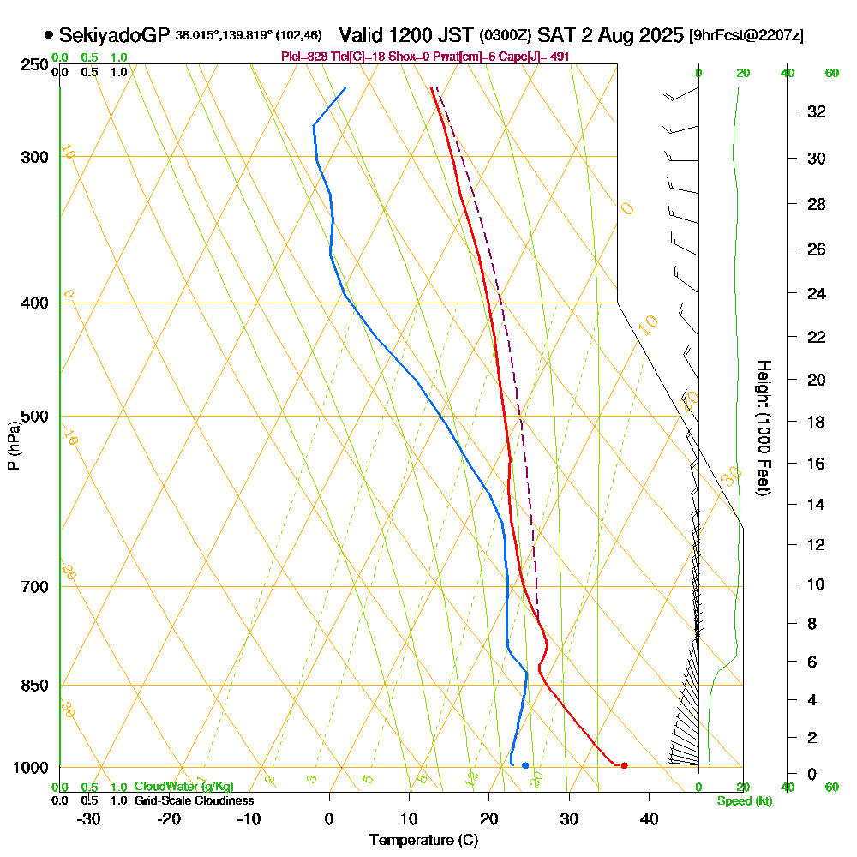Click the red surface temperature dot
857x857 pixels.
pyautogui.click(x=624, y=765)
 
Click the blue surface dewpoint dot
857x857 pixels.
pyautogui.click(x=525, y=765)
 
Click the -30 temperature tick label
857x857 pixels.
pyautogui.click(x=88, y=819)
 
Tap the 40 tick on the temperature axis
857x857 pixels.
pyautogui.click(x=649, y=819)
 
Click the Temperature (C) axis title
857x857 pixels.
pyautogui.click(x=423, y=841)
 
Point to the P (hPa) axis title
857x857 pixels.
pyautogui.click(x=13, y=446)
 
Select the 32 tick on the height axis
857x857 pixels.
pyautogui.click(x=817, y=111)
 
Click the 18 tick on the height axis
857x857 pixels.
pyautogui.click(x=817, y=422)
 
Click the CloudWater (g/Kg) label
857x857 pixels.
pyautogui.click(x=183, y=787)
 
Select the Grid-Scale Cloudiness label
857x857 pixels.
pyautogui.click(x=194, y=800)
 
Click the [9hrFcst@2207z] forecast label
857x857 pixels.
pyautogui.click(x=746, y=36)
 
